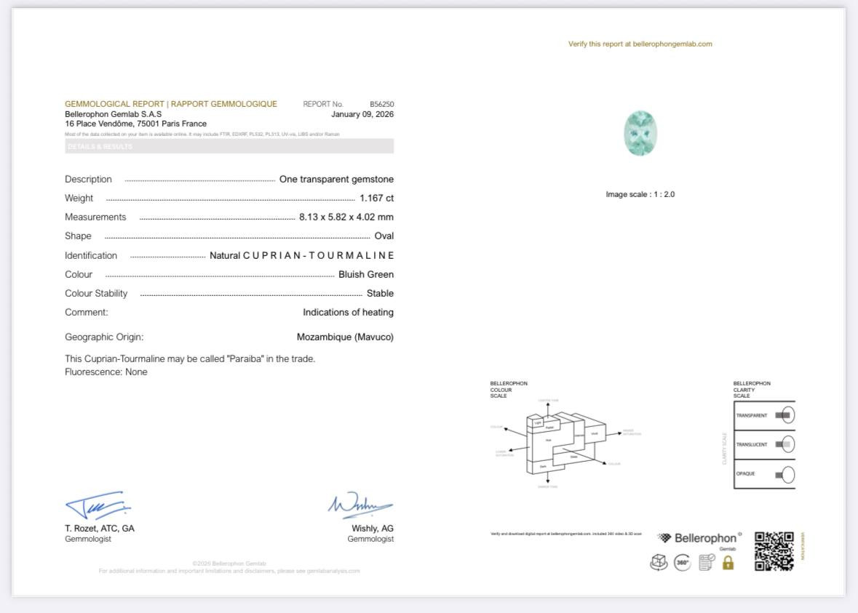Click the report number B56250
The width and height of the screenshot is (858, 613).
(381, 104)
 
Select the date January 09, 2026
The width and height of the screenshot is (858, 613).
(362, 114)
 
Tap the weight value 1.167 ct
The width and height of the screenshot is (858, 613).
(376, 198)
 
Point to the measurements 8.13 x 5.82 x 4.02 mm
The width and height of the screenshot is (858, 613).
(346, 217)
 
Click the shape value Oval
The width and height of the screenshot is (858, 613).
(384, 236)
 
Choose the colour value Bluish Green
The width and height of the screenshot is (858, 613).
(365, 274)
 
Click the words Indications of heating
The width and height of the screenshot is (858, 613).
(348, 312)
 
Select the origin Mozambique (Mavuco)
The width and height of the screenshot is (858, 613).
(345, 337)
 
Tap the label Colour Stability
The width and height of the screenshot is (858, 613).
(96, 293)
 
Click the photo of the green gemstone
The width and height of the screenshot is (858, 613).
(640, 133)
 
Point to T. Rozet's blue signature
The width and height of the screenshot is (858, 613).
(97, 505)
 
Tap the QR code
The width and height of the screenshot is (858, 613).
(774, 551)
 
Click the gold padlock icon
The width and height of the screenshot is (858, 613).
(728, 562)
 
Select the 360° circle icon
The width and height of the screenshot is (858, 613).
(682, 562)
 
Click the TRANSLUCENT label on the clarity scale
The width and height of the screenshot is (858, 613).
(751, 444)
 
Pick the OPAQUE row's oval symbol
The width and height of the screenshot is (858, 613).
(787, 475)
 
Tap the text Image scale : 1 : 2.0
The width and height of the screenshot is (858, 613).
(640, 194)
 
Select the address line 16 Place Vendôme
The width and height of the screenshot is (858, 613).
(135, 124)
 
